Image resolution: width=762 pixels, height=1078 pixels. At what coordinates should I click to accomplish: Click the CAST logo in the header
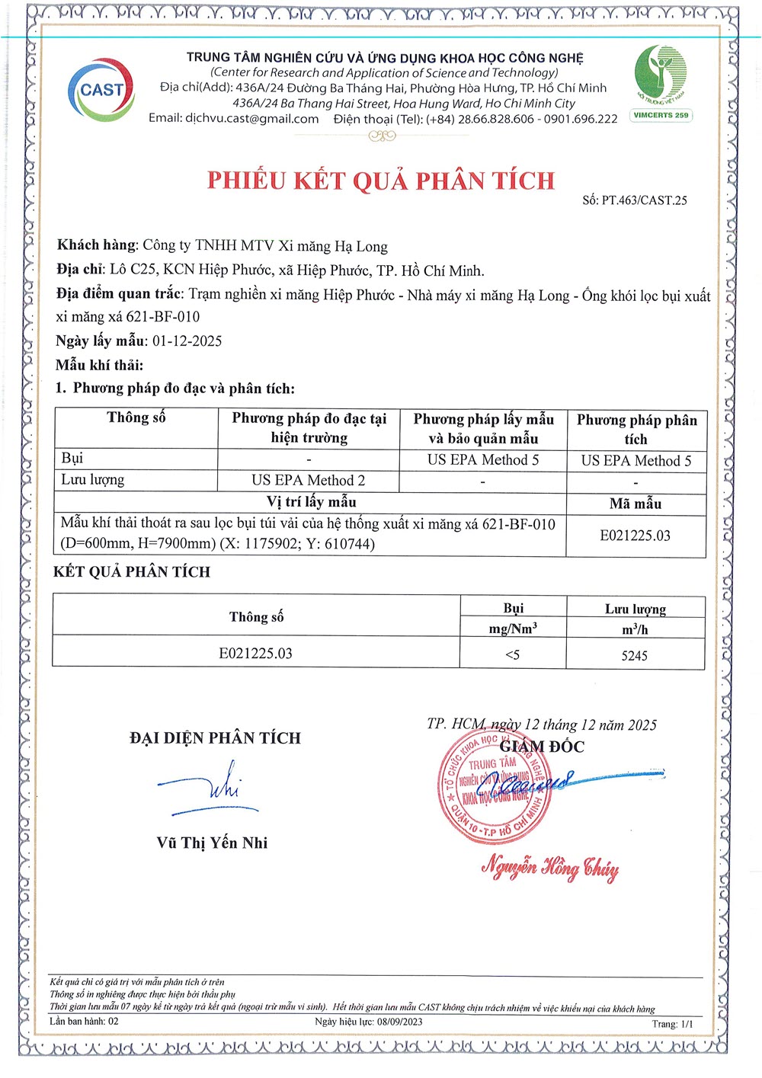pos(101,90)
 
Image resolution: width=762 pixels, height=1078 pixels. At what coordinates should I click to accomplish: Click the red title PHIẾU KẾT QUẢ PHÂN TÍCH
pos(381,181)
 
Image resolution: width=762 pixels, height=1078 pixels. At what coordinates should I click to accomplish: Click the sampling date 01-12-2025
pos(187,341)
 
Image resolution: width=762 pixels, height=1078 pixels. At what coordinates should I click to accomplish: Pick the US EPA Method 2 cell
pos(309,480)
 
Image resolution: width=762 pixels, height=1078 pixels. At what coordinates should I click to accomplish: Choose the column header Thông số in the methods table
pos(136,417)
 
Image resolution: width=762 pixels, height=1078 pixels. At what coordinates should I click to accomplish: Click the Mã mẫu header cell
pos(636,504)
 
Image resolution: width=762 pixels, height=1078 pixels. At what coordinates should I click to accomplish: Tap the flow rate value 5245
pos(635,656)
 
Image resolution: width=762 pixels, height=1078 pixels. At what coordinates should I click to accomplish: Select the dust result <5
pos(513,655)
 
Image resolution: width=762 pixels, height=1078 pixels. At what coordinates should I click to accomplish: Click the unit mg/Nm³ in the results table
pos(513,629)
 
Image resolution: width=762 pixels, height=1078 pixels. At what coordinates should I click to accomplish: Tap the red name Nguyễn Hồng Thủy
pos(549,868)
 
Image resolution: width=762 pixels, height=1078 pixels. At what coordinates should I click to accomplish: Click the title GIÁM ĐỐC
pos(542,747)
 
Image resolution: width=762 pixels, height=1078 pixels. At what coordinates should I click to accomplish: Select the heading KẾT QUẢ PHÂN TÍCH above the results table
pos(132,572)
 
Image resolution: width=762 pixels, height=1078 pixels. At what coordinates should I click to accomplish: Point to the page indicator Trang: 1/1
pos(672,1024)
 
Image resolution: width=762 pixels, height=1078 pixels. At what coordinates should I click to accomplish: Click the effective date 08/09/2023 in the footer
pos(399,1022)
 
